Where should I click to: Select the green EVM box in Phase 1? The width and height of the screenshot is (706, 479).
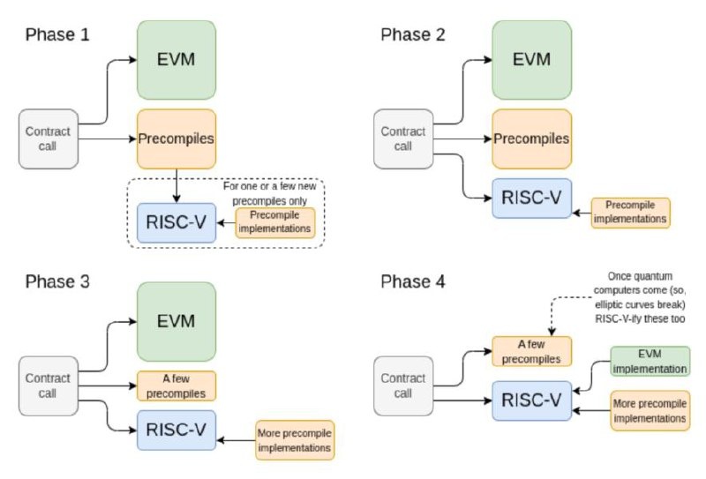(x=176, y=59)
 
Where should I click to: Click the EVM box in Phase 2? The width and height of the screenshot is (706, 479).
(x=531, y=59)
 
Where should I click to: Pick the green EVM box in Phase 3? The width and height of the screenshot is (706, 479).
(x=176, y=321)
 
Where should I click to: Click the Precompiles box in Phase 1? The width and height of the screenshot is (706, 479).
(x=176, y=138)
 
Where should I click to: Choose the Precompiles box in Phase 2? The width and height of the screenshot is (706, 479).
(x=531, y=138)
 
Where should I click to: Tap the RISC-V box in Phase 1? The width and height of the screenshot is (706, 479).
(x=176, y=222)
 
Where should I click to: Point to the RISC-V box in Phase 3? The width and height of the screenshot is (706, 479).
(x=176, y=430)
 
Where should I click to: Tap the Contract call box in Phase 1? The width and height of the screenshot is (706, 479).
(x=49, y=138)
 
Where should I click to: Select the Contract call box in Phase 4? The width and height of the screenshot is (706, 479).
(x=403, y=385)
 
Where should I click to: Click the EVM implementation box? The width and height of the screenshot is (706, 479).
(x=650, y=362)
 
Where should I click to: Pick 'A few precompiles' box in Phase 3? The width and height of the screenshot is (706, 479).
(x=176, y=385)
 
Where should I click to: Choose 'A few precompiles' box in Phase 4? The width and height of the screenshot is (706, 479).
(x=531, y=351)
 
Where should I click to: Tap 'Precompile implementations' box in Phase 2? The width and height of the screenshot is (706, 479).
(x=630, y=212)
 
